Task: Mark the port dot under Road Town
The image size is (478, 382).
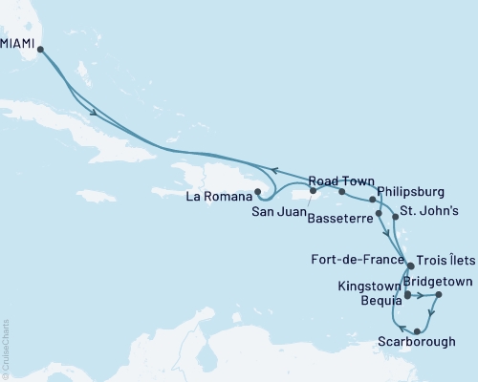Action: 340,192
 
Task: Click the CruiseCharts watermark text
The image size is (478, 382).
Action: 6,349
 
